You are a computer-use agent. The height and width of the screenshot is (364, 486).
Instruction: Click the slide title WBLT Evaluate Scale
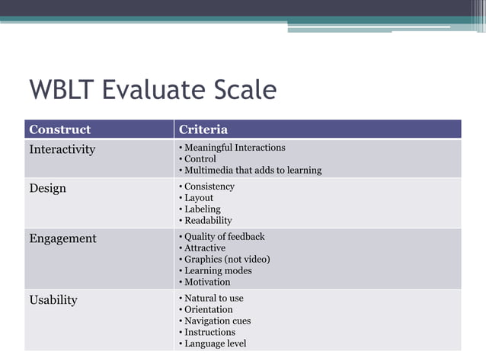pyautogui.click(x=152, y=91)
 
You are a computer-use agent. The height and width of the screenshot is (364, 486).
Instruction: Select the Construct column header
pyautogui.click(x=59, y=129)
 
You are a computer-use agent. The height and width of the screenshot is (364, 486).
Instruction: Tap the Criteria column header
pyautogui.click(x=203, y=129)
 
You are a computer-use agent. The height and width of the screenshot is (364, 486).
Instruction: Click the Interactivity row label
pyautogui.click(x=62, y=149)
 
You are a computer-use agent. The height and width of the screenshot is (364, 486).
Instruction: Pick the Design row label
pyautogui.click(x=47, y=188)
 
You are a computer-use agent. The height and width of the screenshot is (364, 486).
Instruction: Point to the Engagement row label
pyautogui.click(x=62, y=238)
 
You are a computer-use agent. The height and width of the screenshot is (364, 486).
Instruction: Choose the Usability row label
pyautogui.click(x=53, y=300)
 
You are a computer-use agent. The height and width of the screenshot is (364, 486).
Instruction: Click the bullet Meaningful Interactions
pyautogui.click(x=235, y=148)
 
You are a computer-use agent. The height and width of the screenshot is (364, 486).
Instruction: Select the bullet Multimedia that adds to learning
pyautogui.click(x=253, y=171)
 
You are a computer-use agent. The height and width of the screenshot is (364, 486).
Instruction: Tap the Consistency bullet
pyautogui.click(x=209, y=187)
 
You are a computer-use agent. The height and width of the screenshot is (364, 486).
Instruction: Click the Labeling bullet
pyautogui.click(x=203, y=209)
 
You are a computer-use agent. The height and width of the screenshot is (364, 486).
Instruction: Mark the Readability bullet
pyautogui.click(x=208, y=221)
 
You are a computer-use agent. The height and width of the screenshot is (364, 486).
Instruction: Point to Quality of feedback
pyautogui.click(x=225, y=237)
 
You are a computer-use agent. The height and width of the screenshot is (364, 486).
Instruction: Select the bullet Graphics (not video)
pyautogui.click(x=227, y=260)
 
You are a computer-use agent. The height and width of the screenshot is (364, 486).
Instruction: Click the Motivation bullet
pyautogui.click(x=207, y=282)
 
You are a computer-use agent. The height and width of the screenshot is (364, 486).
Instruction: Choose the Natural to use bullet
pyautogui.click(x=214, y=299)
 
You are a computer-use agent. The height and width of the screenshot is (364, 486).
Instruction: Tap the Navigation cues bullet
pyautogui.click(x=217, y=321)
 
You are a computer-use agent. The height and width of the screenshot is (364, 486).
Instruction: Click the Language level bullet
pyautogui.click(x=215, y=343)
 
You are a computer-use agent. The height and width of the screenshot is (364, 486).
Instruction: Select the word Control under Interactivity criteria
pyautogui.click(x=200, y=159)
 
